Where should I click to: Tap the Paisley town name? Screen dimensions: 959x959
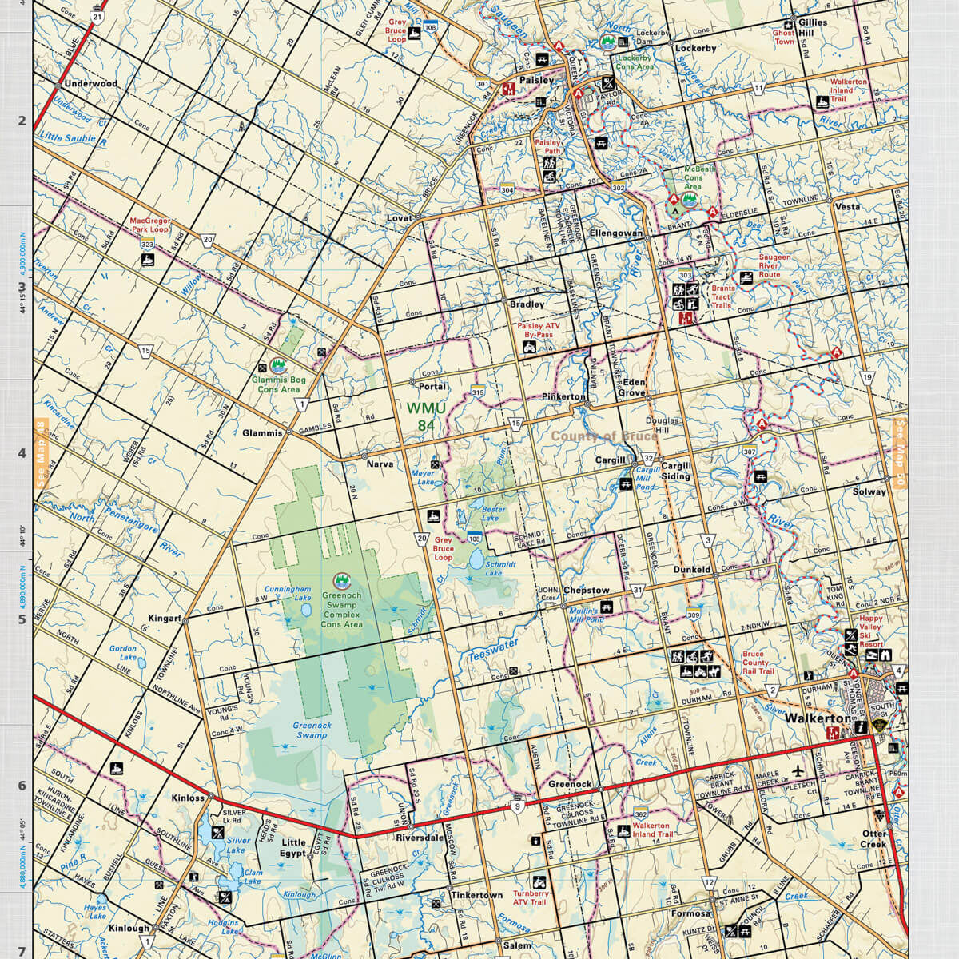535,80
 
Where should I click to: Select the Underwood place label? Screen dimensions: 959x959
90,83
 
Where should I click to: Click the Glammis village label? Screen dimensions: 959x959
262,433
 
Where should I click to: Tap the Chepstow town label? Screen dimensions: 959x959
586,591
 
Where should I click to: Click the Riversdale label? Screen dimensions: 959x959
420,838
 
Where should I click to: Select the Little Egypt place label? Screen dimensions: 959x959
294,848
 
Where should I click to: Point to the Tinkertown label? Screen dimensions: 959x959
476,895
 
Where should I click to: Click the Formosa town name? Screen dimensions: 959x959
690,913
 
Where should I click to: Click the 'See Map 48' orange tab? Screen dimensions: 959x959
42,454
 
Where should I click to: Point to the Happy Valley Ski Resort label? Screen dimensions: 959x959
870,631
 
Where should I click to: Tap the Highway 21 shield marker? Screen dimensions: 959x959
97,15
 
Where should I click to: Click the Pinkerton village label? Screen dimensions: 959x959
563,396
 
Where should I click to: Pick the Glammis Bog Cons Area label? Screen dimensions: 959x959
278,384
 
